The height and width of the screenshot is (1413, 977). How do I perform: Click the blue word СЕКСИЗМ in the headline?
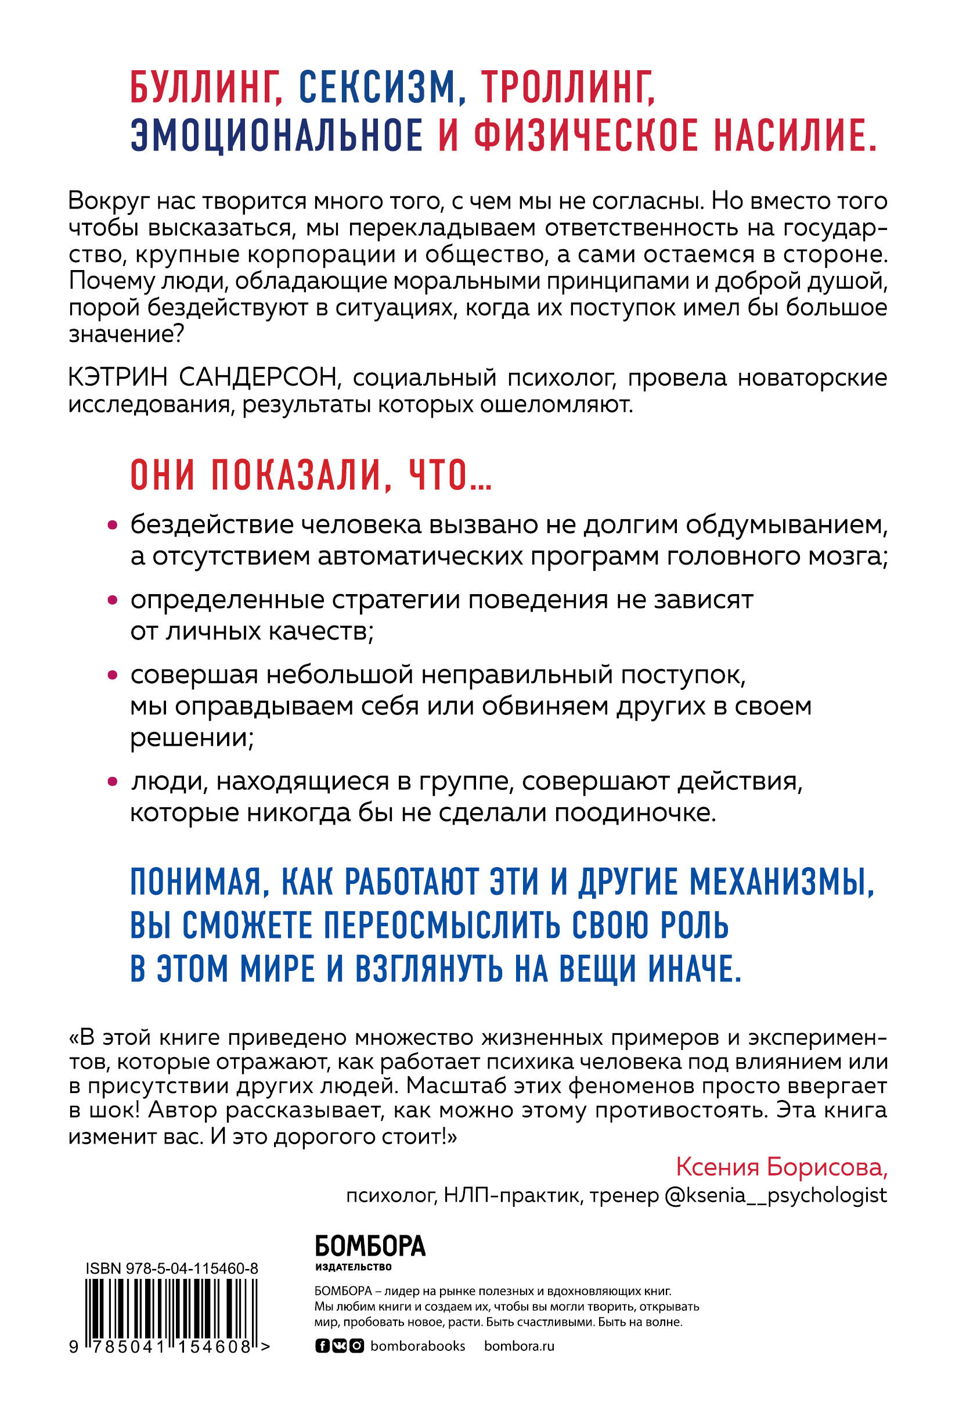(378, 88)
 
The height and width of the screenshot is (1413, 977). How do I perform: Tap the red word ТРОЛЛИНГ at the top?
(568, 88)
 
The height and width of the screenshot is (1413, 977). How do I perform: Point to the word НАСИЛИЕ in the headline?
(795, 135)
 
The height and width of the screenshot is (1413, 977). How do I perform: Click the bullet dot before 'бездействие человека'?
(112, 525)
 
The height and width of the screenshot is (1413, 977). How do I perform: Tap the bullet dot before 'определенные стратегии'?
(112, 601)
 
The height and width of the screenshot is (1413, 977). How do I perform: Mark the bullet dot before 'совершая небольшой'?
(112, 675)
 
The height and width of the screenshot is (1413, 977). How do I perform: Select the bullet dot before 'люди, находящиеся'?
(112, 782)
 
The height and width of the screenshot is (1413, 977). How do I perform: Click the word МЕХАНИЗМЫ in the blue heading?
(782, 882)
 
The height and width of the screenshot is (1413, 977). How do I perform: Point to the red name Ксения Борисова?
(781, 1167)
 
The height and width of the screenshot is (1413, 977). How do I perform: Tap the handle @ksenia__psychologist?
(775, 1195)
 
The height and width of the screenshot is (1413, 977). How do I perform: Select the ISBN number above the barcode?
(171, 1268)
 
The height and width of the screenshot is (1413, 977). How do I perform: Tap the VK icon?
(339, 1346)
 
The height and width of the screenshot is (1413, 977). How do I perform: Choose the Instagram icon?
(357, 1346)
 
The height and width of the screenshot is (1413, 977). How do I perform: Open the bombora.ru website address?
(518, 1346)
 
